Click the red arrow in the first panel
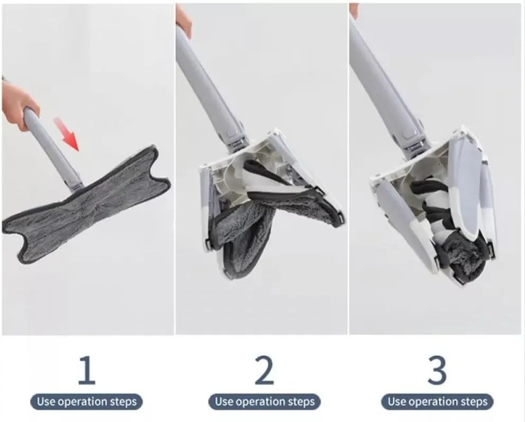[67, 134]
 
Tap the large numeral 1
[87, 370]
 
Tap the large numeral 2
[264, 370]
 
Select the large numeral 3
[437, 370]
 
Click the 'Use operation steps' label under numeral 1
[87, 401]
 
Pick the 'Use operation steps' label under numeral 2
[265, 401]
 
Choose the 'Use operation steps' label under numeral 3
[437, 401]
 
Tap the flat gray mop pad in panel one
[86, 204]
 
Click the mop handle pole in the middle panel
[207, 84]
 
